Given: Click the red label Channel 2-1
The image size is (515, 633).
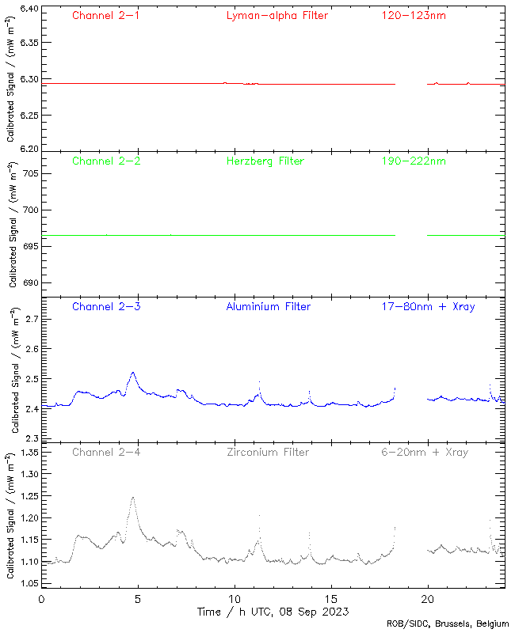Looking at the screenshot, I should click(x=106, y=15).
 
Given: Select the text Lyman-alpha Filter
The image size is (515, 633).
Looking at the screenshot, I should click(x=277, y=15).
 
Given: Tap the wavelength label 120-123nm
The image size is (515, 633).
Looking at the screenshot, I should click(x=413, y=15).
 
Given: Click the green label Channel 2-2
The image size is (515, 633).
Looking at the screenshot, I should click(x=106, y=161).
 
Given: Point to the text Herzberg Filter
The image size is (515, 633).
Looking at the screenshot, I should click(x=265, y=161).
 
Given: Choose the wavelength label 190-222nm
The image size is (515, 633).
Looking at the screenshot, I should click(x=413, y=161).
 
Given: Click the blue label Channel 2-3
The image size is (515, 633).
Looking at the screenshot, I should click(x=106, y=306).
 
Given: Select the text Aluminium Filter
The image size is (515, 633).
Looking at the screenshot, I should click(x=269, y=306).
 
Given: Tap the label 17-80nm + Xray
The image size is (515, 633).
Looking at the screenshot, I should click(x=428, y=306).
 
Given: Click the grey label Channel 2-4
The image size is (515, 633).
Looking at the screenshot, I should click(x=106, y=453).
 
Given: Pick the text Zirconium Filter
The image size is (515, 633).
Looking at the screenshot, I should click(x=268, y=453).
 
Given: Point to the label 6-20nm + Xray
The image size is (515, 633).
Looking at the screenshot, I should click(x=423, y=453).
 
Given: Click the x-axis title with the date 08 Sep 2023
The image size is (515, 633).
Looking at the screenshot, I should click(x=273, y=612).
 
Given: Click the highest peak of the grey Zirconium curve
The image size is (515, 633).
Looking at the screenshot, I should click(x=133, y=498).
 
